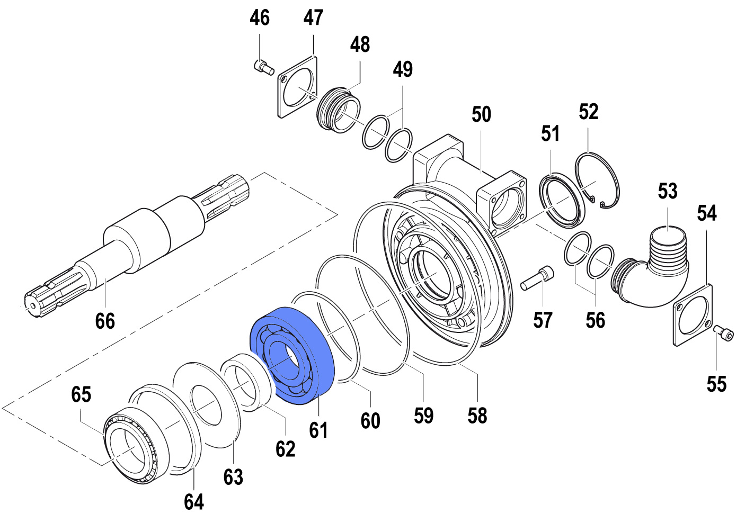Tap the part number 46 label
pyautogui.click(x=260, y=18)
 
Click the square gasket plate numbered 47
pyautogui.click(x=297, y=87)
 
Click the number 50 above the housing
pyautogui.click(x=481, y=114)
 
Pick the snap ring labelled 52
pyautogui.click(x=599, y=181)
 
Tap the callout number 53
pyautogui.click(x=668, y=191)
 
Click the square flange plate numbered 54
pyautogui.click(x=693, y=315)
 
